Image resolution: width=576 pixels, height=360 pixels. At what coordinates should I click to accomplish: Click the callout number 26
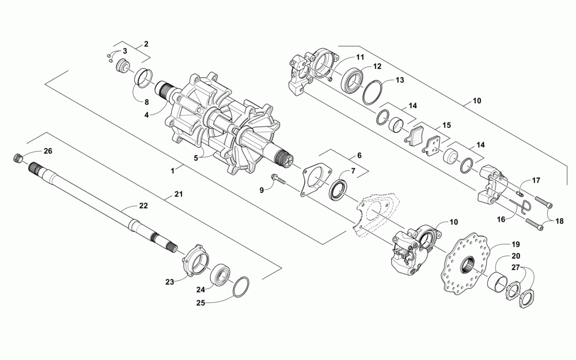pyautogui.click(x=47, y=151)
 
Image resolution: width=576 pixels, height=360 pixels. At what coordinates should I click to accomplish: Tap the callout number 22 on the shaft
pyautogui.click(x=143, y=206)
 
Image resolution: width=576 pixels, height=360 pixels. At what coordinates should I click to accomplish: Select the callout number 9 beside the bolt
pyautogui.click(x=261, y=190)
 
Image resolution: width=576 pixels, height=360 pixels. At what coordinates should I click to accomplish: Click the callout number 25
pyautogui.click(x=200, y=302)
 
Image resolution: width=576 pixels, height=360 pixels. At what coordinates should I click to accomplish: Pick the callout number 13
pyautogui.click(x=400, y=80)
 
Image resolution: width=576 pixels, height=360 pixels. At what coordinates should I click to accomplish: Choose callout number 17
pyautogui.click(x=536, y=180)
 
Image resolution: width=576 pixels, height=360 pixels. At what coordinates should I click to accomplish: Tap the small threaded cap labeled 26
pyautogui.click(x=18, y=157)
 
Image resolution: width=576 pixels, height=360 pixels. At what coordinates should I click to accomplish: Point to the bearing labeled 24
pyautogui.click(x=220, y=274)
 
